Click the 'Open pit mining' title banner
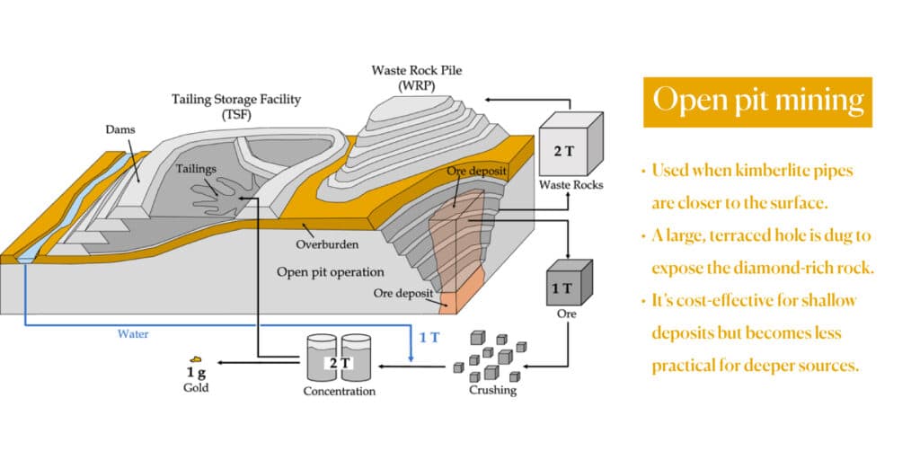pos(757,101)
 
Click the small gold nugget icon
pos(195,359)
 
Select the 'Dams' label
pos(119,129)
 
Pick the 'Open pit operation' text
pos(330,271)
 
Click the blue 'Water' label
pos(133,333)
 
